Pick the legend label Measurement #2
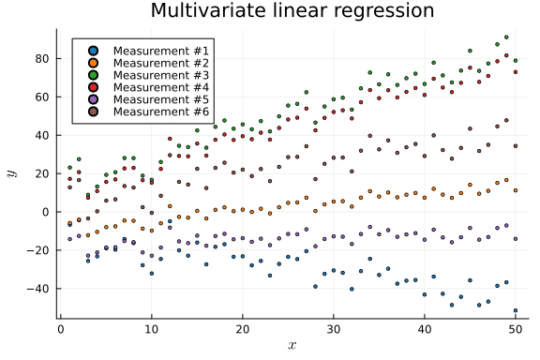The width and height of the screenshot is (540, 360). point(162,63)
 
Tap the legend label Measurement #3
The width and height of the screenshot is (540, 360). point(162,75)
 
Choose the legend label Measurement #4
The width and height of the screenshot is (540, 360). point(162,87)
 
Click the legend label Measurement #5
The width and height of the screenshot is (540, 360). point(162,99)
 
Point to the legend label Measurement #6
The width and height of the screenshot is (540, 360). point(162,112)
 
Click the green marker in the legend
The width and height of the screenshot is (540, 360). point(91,75)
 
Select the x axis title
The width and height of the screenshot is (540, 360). point(292,346)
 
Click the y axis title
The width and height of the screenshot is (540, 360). point(12,173)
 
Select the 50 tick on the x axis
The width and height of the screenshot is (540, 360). point(515,329)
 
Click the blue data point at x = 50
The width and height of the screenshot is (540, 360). point(515,310)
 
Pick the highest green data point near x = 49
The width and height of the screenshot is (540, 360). point(506,37)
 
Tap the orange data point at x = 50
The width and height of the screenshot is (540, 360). point(515,190)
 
